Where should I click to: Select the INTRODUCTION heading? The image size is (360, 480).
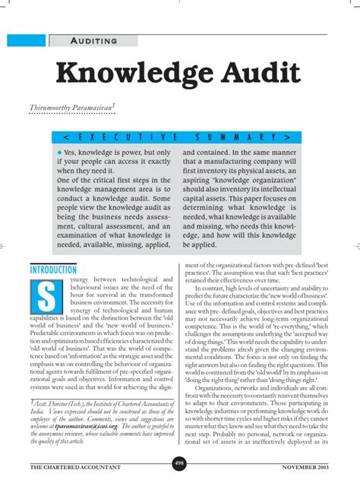(x=54, y=270)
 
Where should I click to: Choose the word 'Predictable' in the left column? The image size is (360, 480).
(x=45, y=331)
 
